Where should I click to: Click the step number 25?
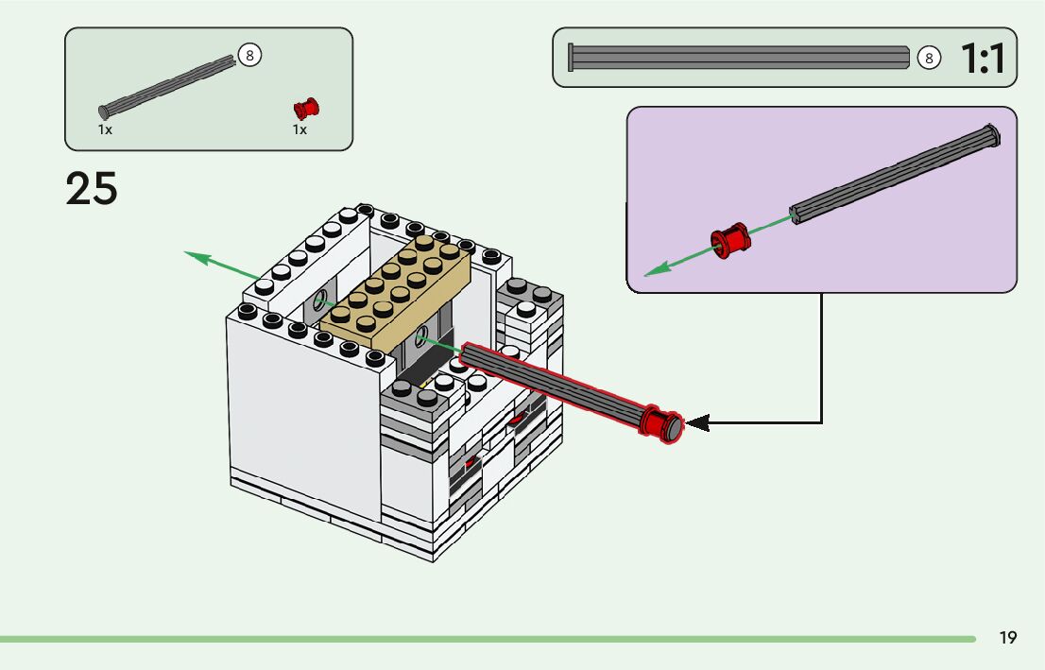[x=92, y=189]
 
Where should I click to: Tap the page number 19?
[x=1008, y=638]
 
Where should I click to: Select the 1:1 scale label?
[x=983, y=59]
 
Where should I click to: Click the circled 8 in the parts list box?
[x=249, y=55]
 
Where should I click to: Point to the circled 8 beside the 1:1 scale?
[x=929, y=59]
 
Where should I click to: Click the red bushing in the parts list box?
[x=306, y=108]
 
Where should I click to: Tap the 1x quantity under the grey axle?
[x=105, y=129]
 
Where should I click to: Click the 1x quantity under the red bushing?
[x=300, y=129]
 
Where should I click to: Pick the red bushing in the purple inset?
[x=728, y=241]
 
